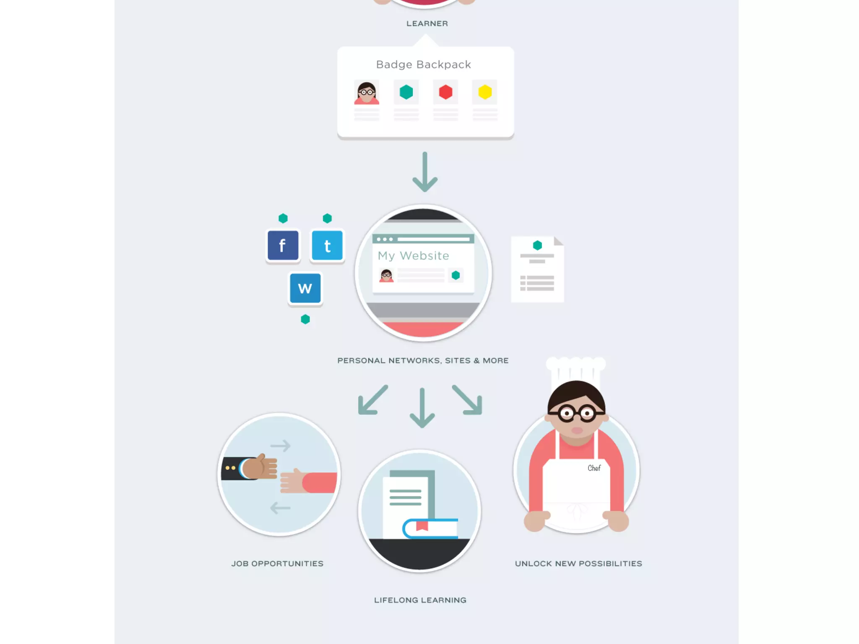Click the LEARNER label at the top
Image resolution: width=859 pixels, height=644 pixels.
427,23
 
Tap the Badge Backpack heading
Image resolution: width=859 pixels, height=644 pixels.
424,65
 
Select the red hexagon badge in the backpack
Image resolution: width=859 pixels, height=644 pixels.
445,92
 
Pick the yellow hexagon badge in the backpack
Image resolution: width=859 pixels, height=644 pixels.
485,92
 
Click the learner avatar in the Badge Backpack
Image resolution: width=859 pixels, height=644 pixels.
367,93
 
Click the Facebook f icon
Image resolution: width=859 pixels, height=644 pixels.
283,245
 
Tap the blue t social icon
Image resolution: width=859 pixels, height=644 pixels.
327,245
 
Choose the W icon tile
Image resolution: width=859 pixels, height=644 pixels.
305,288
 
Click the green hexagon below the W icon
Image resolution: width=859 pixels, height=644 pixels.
305,319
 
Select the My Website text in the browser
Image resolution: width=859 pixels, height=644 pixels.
413,256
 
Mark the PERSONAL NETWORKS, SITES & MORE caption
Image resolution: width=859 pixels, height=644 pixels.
423,361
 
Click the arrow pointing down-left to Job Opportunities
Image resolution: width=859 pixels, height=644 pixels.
372,400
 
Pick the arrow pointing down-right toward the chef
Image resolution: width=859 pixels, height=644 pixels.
468,400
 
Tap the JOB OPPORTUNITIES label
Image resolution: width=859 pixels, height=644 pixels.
277,563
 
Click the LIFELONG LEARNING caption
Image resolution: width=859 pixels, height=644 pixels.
420,600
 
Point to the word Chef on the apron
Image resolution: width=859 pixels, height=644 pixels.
594,468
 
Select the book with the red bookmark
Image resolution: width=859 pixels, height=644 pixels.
430,528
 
